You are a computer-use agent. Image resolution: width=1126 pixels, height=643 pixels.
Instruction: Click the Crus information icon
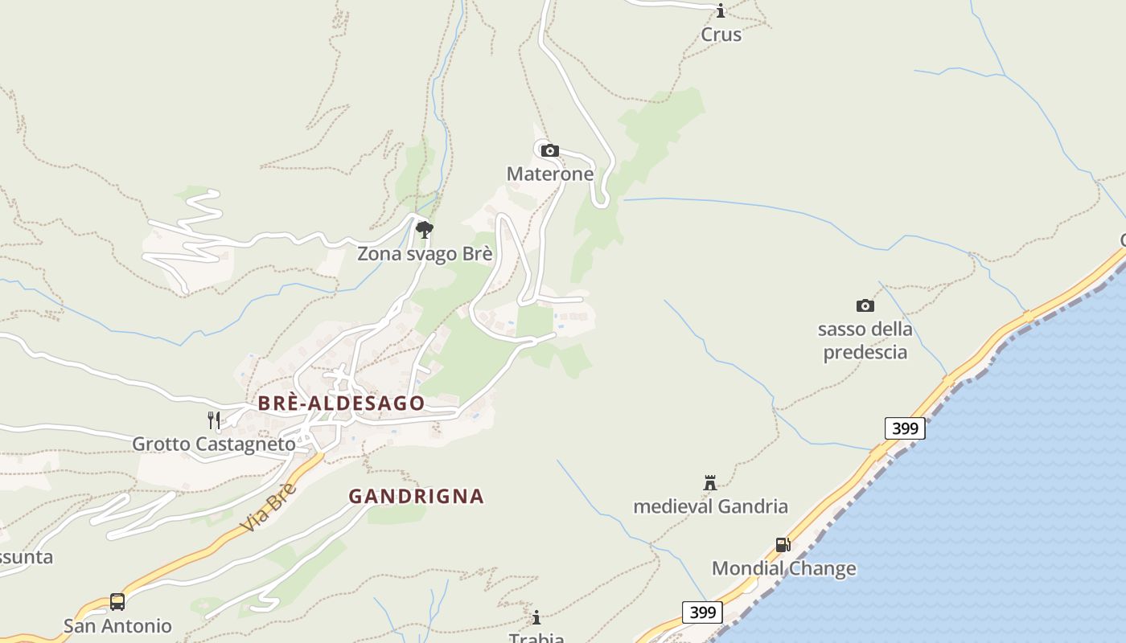pyautogui.click(x=721, y=10)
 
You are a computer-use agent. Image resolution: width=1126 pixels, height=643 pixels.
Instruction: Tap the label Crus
pyautogui.click(x=721, y=35)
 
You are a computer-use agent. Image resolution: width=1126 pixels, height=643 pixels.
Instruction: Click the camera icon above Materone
pyautogui.click(x=550, y=150)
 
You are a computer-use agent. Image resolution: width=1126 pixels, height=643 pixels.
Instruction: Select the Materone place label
pyautogui.click(x=550, y=174)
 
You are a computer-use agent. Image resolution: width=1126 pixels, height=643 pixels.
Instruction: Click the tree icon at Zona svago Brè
pyautogui.click(x=425, y=230)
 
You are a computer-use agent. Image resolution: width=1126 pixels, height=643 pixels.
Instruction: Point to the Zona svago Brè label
pyautogui.click(x=425, y=254)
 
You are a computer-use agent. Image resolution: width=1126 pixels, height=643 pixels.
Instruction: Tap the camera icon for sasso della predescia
pyautogui.click(x=865, y=305)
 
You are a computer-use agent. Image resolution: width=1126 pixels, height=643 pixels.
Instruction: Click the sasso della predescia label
pyautogui.click(x=865, y=341)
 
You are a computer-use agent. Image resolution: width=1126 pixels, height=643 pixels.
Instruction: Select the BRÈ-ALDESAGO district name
pyautogui.click(x=341, y=403)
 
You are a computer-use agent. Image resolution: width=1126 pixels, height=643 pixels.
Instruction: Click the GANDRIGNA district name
pyautogui.click(x=416, y=497)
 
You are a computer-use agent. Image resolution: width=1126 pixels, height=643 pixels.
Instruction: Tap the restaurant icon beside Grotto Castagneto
pyautogui.click(x=214, y=420)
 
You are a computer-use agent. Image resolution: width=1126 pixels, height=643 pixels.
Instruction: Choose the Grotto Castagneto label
pyautogui.click(x=214, y=444)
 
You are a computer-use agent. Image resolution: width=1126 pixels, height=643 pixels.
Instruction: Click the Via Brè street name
pyautogui.click(x=269, y=508)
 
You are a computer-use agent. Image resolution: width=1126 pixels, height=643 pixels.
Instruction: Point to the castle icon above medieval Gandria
pyautogui.click(x=710, y=483)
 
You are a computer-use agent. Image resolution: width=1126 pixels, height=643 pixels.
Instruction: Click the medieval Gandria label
pyautogui.click(x=710, y=506)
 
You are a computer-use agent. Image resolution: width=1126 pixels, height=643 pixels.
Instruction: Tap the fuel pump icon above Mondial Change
pyautogui.click(x=783, y=545)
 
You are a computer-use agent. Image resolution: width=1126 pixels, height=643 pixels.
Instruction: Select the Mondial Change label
pyautogui.click(x=783, y=569)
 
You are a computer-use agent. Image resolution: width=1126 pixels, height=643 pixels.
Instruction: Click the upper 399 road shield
pyautogui.click(x=905, y=428)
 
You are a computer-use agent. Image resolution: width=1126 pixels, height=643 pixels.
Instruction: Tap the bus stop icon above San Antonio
pyautogui.click(x=117, y=602)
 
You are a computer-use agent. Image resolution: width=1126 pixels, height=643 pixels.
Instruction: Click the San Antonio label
pyautogui.click(x=117, y=625)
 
